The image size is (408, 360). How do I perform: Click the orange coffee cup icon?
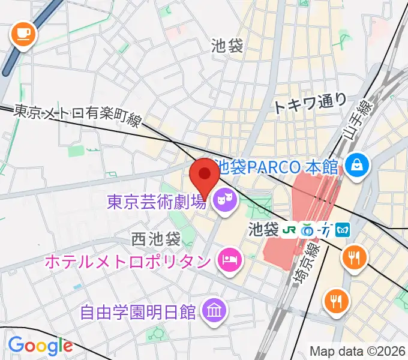pyautogui.click(x=23, y=34)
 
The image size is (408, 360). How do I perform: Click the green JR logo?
pyautogui.click(x=289, y=229)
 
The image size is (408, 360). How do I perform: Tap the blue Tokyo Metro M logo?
pyautogui.click(x=343, y=229)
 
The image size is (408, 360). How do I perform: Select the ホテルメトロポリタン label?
pyautogui.click(x=128, y=261)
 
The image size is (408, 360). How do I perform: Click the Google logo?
pyautogui.click(x=40, y=346)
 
